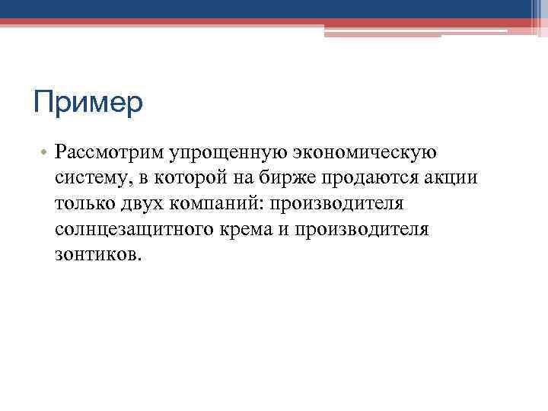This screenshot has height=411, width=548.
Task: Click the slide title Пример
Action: tap(88, 103)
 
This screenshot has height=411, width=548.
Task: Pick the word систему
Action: tap(87, 178)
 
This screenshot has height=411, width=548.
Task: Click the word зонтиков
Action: tap(97, 253)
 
